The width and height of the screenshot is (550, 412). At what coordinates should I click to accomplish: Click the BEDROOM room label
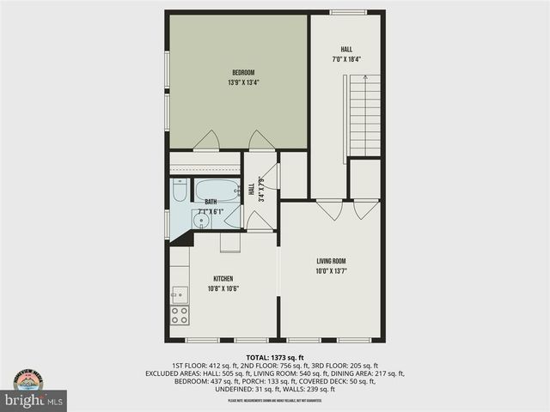[x=243, y=72]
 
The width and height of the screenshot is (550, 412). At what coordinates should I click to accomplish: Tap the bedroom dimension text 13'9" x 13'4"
[x=243, y=83]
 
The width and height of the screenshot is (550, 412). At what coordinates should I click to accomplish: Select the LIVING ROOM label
[x=331, y=261]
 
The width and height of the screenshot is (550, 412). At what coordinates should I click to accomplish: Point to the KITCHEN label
[x=223, y=278]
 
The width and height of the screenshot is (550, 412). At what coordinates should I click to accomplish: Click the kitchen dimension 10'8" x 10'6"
[x=223, y=288]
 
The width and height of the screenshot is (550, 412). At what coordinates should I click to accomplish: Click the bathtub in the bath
[x=217, y=190]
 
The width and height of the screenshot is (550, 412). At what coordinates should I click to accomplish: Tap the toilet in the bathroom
[x=179, y=191]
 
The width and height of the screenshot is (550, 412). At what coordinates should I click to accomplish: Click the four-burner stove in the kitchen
[x=180, y=315]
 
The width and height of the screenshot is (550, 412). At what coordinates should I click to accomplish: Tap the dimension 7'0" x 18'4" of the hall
[x=346, y=60]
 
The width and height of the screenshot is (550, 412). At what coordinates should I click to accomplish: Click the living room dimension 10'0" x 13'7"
[x=331, y=271]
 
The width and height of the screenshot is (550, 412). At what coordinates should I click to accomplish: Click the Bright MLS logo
[x=34, y=401]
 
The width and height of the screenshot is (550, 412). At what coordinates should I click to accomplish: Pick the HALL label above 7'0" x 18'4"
[x=346, y=50]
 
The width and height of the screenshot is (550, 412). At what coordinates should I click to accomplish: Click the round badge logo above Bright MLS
[x=33, y=379]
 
